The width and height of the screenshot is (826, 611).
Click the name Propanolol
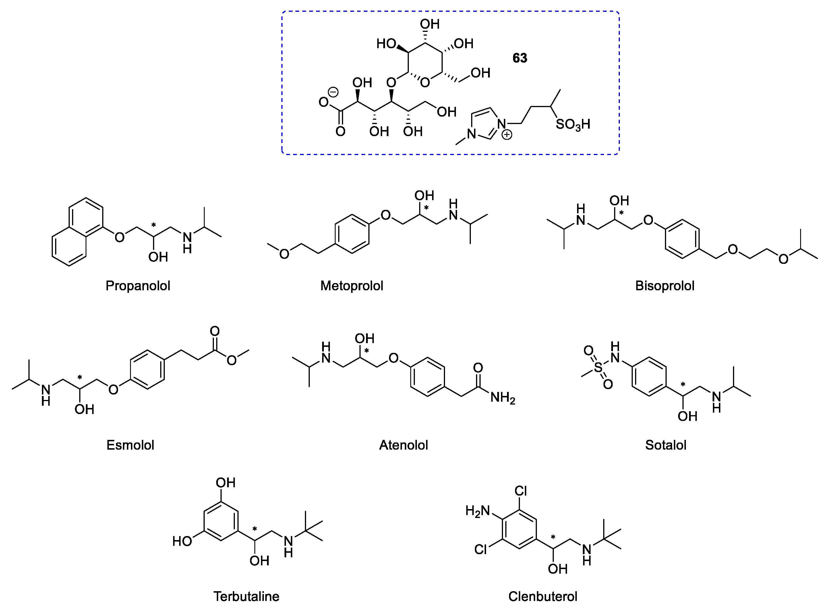(x=138, y=286)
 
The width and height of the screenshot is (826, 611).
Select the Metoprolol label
(x=352, y=286)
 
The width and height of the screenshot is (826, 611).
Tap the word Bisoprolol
(x=665, y=286)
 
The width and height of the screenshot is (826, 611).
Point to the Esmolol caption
(x=130, y=445)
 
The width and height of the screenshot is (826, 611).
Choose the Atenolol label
(x=403, y=445)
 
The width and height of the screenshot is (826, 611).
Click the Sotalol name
(x=666, y=445)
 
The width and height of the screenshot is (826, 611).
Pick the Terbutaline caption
(x=246, y=597)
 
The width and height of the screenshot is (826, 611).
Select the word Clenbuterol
(x=542, y=597)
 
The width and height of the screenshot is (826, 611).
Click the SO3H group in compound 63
(x=572, y=125)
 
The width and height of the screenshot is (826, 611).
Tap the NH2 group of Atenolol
(x=502, y=398)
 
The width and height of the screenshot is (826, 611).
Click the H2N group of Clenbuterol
(x=477, y=511)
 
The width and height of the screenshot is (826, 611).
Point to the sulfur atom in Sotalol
(x=598, y=367)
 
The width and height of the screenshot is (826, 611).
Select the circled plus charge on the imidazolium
(x=506, y=135)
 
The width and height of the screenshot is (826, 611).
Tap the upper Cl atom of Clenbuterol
(x=521, y=491)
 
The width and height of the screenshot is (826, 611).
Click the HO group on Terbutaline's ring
(x=182, y=542)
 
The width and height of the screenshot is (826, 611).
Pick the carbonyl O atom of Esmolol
(x=215, y=331)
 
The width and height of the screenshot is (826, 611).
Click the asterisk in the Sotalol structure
(x=683, y=385)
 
